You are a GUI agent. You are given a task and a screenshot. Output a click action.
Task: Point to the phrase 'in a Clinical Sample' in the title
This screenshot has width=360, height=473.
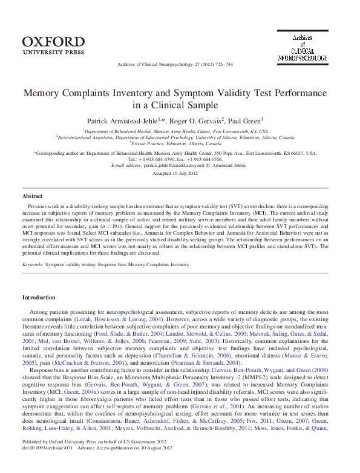pos(180,106)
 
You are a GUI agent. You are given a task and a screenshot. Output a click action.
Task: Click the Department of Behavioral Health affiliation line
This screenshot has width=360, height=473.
pos(180,130)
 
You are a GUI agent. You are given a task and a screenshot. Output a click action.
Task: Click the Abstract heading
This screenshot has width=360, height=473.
pos(32,197)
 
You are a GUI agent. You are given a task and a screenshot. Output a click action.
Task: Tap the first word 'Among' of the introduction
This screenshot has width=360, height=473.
pos(38,310)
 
